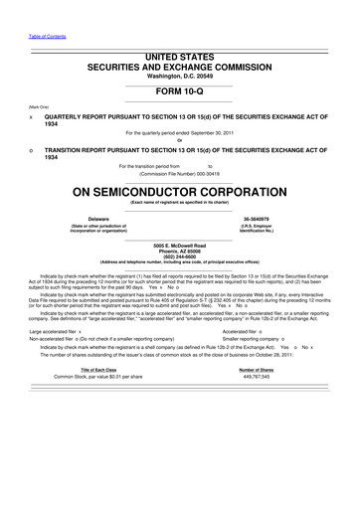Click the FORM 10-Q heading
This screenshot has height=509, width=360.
[180, 90]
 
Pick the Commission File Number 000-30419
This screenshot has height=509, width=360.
[180, 172]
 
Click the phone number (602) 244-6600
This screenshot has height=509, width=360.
[180, 256]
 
